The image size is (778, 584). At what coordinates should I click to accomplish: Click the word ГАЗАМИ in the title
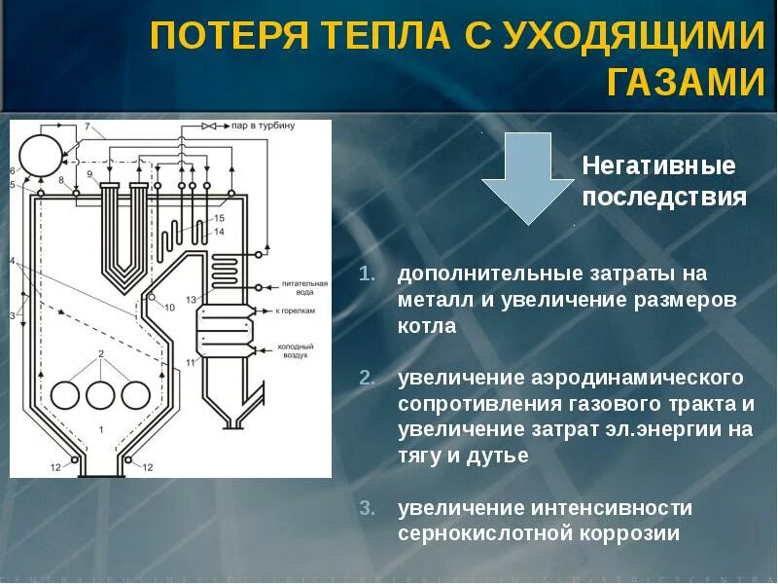click(x=687, y=82)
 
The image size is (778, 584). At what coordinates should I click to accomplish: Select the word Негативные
click(x=658, y=164)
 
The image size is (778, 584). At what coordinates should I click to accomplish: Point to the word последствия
click(x=664, y=198)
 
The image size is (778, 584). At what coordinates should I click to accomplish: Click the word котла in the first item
click(x=426, y=326)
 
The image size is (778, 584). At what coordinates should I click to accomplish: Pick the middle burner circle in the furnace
click(x=101, y=394)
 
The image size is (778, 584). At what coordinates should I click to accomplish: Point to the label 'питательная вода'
click(x=296, y=282)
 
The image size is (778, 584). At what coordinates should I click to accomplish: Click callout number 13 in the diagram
click(x=192, y=299)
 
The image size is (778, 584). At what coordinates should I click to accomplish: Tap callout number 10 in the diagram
click(x=169, y=308)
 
